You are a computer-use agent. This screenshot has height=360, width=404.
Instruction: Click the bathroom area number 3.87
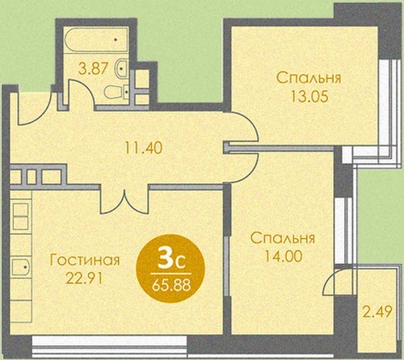click(93, 69)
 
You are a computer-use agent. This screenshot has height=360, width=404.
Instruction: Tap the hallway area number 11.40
click(143, 148)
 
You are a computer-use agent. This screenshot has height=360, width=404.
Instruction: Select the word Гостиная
click(85, 260)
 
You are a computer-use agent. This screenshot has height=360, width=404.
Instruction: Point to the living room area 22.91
click(85, 279)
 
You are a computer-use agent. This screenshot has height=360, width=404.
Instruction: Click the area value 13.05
click(309, 97)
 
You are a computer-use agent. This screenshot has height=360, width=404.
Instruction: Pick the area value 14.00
click(283, 257)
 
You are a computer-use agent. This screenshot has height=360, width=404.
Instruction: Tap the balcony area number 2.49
click(377, 312)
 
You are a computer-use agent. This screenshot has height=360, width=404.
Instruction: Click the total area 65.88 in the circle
click(171, 286)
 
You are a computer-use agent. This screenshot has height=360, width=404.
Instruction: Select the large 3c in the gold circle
click(171, 262)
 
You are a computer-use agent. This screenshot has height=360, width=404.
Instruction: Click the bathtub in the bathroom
click(97, 40)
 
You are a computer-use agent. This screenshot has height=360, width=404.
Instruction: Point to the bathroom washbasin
click(121, 69)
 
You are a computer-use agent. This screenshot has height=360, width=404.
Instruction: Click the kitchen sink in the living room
click(21, 267)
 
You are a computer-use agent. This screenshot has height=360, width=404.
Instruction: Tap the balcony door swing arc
click(326, 280)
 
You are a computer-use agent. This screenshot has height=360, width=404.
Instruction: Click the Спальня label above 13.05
click(309, 78)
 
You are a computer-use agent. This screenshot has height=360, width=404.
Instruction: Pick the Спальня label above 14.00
click(283, 238)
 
